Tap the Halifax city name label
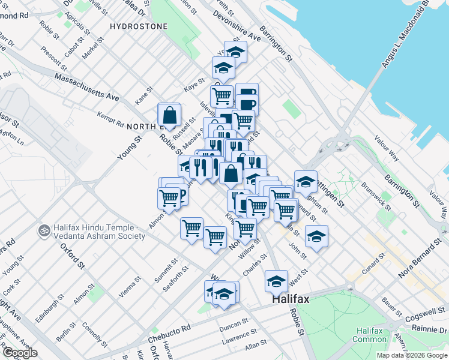tap(293, 298)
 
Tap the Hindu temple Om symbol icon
tap(43, 230)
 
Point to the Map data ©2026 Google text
tap(412, 355)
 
